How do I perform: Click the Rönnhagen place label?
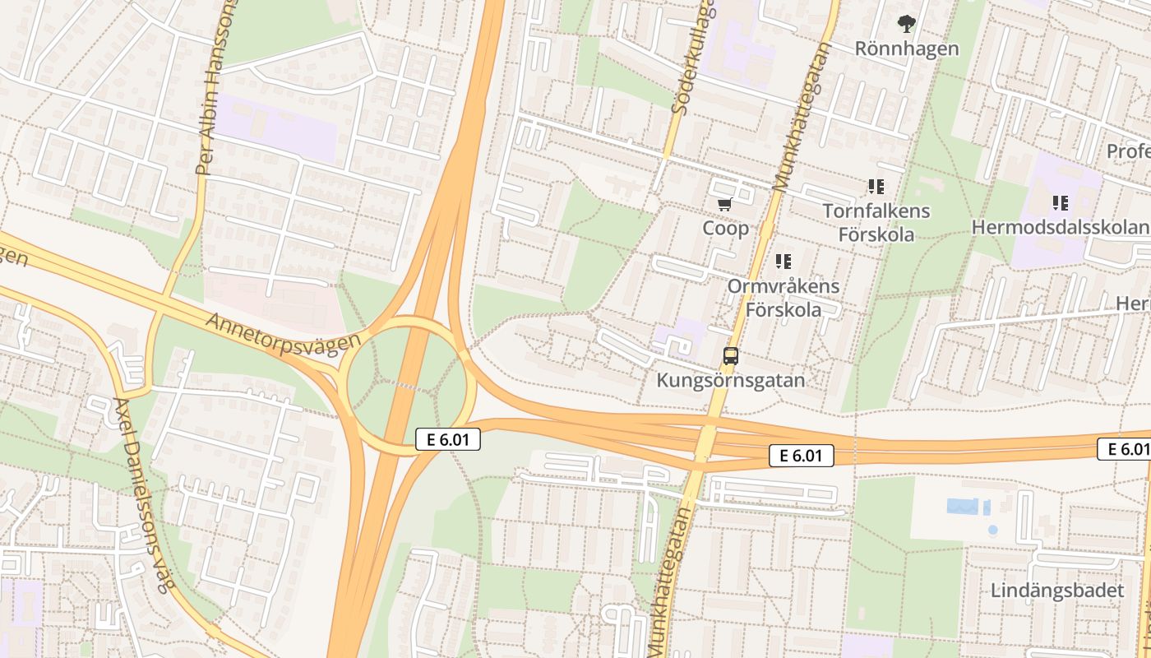tap(907, 49)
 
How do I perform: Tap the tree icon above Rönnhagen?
tap(907, 23)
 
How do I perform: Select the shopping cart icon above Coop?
tap(724, 204)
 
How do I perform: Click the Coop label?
tap(725, 228)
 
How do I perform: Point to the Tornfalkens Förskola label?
tap(876, 222)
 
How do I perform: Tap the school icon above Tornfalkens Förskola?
tap(876, 187)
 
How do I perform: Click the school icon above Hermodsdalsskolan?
tap(1060, 202)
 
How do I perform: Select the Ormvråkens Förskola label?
tap(784, 298)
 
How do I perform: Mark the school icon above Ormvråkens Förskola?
tap(783, 262)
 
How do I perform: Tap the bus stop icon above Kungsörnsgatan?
tap(730, 356)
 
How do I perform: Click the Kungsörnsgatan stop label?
tap(730, 381)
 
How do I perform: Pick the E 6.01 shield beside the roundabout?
tap(447, 439)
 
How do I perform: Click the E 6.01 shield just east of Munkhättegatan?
tap(802, 456)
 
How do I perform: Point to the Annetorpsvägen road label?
tap(283, 331)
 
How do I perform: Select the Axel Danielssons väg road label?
tap(144, 496)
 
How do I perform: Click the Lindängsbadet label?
tap(1056, 591)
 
